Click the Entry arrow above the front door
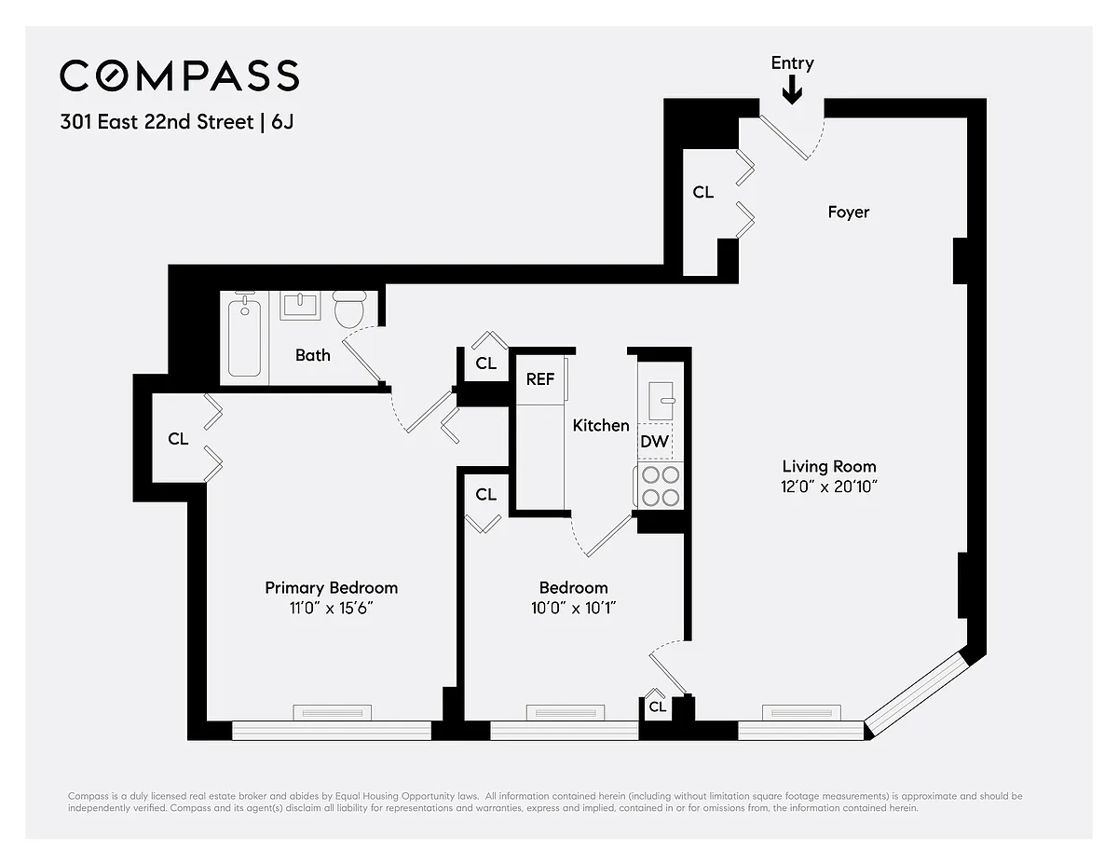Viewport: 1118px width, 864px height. click(792, 89)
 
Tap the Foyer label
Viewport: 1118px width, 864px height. click(849, 212)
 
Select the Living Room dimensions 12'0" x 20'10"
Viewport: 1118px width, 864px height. click(829, 487)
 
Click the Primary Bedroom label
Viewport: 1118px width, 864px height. click(332, 588)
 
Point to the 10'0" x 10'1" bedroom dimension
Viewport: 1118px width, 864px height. click(573, 609)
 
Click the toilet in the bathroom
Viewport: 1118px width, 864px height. click(349, 309)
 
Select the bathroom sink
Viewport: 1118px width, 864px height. click(300, 306)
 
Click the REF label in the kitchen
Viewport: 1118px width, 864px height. click(539, 379)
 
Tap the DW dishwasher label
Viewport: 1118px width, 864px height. click(654, 441)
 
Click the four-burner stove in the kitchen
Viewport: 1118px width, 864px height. click(661, 486)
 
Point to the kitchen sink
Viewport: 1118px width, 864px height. click(661, 401)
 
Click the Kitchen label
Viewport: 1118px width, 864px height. click(601, 426)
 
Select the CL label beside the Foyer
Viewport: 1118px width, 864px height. click(702, 192)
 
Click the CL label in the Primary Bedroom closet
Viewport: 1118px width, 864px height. click(178, 438)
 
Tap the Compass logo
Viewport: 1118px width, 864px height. click(180, 75)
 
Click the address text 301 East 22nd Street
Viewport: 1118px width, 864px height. click(157, 122)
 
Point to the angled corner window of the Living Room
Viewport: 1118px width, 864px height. click(916, 693)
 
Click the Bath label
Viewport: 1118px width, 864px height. click(313, 355)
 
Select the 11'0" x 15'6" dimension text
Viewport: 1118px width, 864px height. click(331, 609)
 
